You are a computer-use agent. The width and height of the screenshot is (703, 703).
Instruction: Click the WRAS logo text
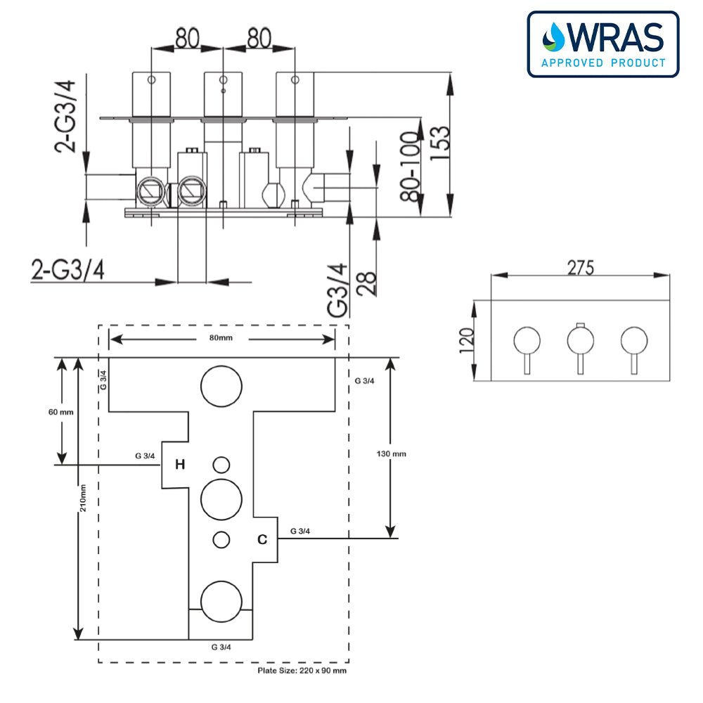[614, 38]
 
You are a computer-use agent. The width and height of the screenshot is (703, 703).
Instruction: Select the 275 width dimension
[580, 267]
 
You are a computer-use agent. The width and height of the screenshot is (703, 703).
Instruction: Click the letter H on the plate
[180, 464]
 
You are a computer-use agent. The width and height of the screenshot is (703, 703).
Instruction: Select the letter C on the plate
[262, 540]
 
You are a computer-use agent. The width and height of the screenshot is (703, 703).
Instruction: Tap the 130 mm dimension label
[391, 453]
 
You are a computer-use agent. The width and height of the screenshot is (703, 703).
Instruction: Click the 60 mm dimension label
[61, 412]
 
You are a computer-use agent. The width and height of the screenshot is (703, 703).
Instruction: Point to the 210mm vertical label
[83, 498]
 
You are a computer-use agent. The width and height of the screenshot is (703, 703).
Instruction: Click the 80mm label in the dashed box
[221, 338]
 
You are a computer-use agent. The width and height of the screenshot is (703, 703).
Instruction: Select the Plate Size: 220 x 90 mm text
[302, 671]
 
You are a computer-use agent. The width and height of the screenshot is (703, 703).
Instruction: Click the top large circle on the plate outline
[221, 385]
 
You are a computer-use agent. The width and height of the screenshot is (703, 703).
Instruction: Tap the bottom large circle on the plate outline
[221, 602]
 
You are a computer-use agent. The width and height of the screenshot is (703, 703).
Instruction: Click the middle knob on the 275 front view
[579, 341]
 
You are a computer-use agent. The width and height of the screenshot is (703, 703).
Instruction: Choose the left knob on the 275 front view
[527, 341]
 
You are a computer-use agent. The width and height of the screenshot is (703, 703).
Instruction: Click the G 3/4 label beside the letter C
[300, 531]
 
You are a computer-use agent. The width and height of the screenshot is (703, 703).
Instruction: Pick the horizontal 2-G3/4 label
[68, 270]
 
